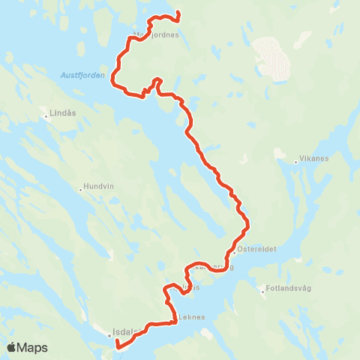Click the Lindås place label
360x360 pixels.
tap(62, 114)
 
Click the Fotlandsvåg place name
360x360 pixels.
tap(288, 288)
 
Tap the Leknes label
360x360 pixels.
tap(192, 316)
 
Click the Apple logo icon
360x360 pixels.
tap(12, 347)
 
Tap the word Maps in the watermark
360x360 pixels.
tap(33, 347)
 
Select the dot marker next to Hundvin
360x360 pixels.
tap(81, 189)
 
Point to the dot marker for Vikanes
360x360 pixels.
tap(276, 159)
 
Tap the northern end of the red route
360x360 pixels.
tap(178, 13)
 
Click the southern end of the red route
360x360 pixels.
tap(117, 346)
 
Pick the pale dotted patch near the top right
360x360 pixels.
tap(271, 58)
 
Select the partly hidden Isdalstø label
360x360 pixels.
tap(127, 331)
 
